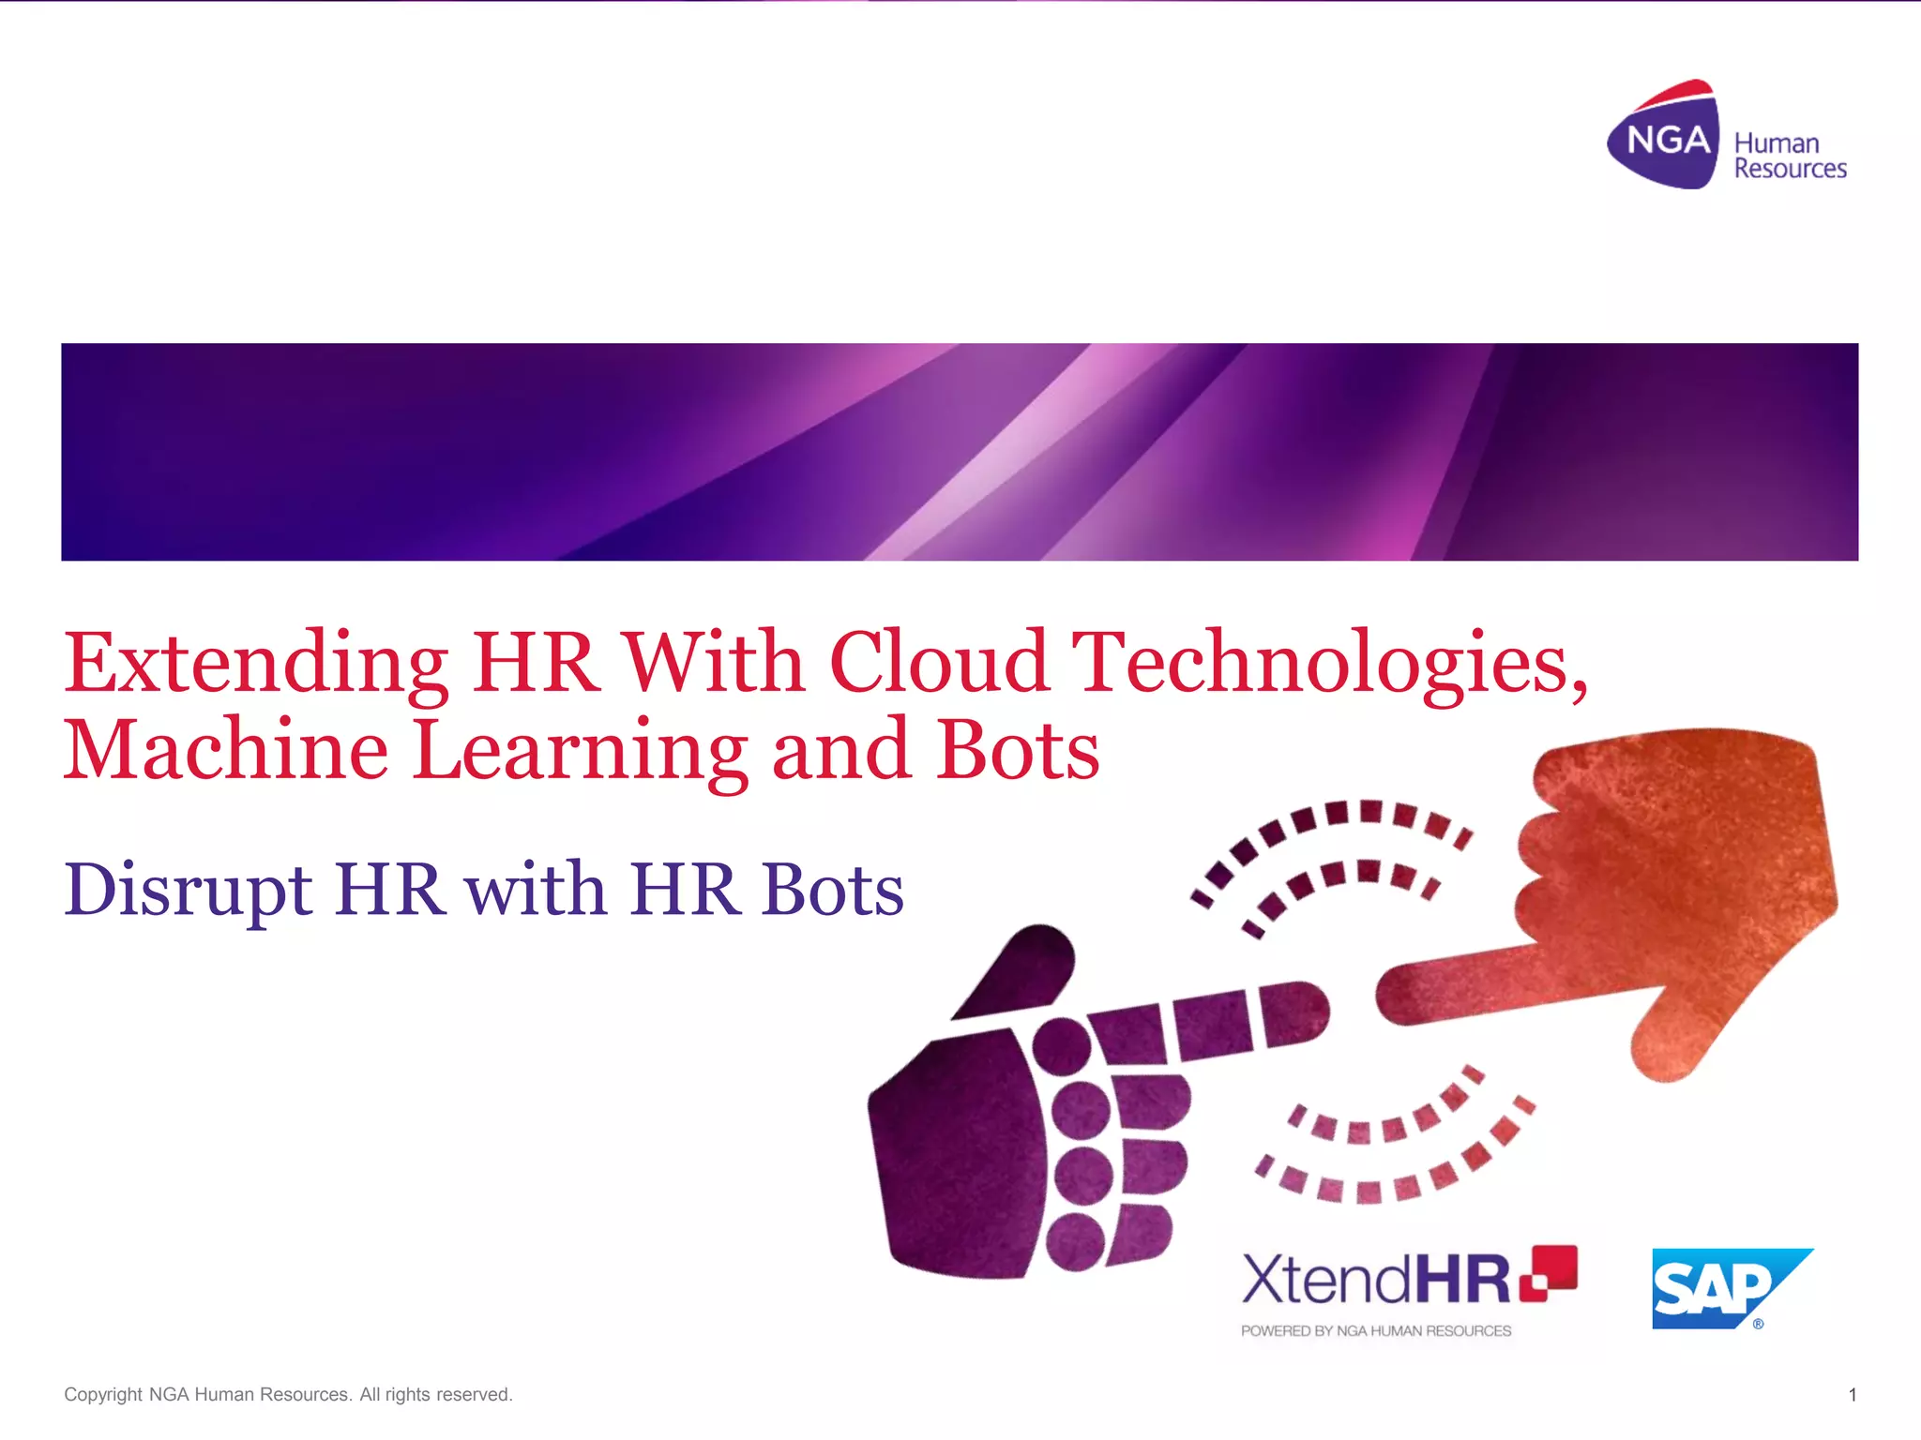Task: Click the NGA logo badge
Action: (1666, 139)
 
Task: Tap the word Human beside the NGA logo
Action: (1776, 143)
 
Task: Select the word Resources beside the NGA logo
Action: (1790, 169)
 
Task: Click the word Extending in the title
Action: (255, 664)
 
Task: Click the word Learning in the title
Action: (580, 752)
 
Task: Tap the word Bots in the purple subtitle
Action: (832, 889)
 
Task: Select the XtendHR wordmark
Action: (1375, 1280)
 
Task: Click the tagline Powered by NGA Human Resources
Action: (1375, 1331)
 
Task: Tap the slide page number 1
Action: (1852, 1395)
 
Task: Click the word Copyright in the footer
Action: (102, 1395)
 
